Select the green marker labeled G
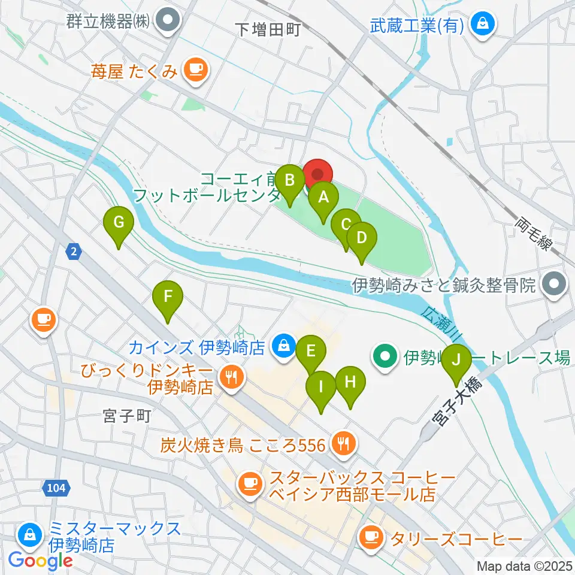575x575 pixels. tap(119, 223)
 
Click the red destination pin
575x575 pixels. tap(317, 174)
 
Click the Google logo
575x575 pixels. tap(41, 561)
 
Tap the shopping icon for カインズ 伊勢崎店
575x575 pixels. tap(281, 346)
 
